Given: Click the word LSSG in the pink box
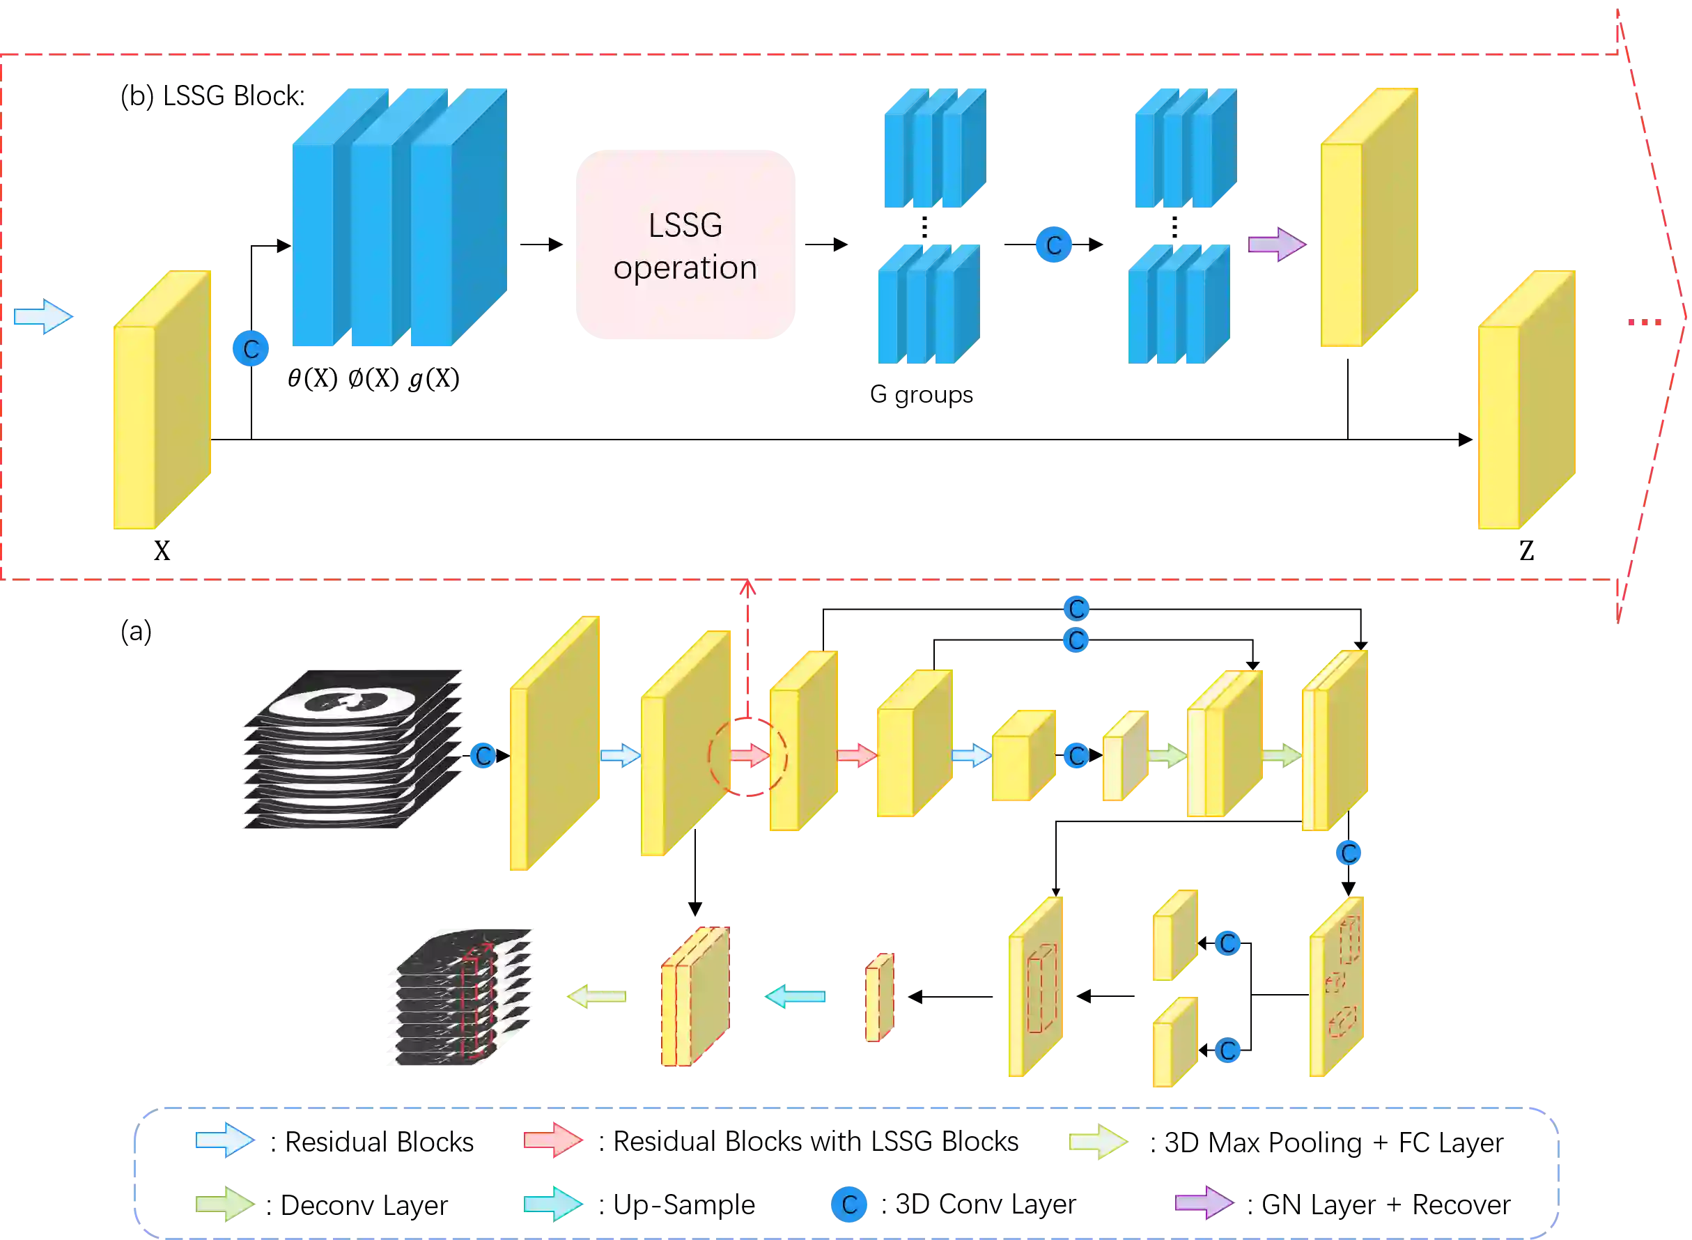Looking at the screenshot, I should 685,225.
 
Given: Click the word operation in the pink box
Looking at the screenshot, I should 685,268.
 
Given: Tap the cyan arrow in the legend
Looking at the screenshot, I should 554,1204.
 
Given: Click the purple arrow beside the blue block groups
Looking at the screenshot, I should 1277,245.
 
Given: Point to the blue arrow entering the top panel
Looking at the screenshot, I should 42,317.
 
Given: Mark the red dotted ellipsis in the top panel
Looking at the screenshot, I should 1645,323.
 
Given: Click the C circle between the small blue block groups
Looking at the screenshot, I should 1054,245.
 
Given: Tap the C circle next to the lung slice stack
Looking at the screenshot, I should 483,756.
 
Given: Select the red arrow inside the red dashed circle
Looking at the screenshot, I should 750,755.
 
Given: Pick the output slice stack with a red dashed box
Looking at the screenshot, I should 459,998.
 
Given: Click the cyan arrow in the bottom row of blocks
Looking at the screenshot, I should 796,997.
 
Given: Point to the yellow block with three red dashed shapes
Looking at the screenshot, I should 1337,987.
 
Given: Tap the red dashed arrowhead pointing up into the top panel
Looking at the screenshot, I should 747,587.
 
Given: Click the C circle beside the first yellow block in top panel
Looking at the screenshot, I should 251,349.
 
